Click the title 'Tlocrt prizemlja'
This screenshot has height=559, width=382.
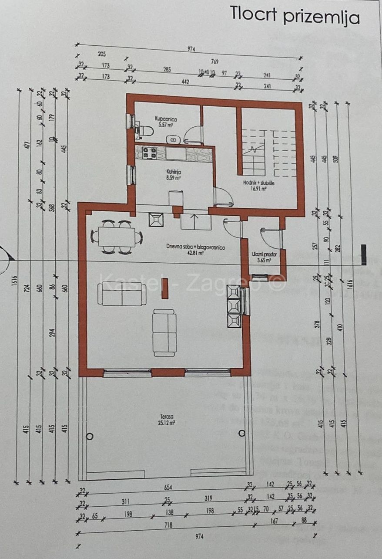click(295, 15)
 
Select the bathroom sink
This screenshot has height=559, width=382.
click(174, 139)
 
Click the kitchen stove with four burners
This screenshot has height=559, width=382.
click(150, 153)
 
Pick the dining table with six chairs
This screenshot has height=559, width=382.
click(116, 237)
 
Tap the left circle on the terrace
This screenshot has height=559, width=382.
click(90, 436)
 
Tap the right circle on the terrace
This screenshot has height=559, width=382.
click(242, 433)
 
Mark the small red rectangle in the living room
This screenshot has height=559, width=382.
click(165, 288)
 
